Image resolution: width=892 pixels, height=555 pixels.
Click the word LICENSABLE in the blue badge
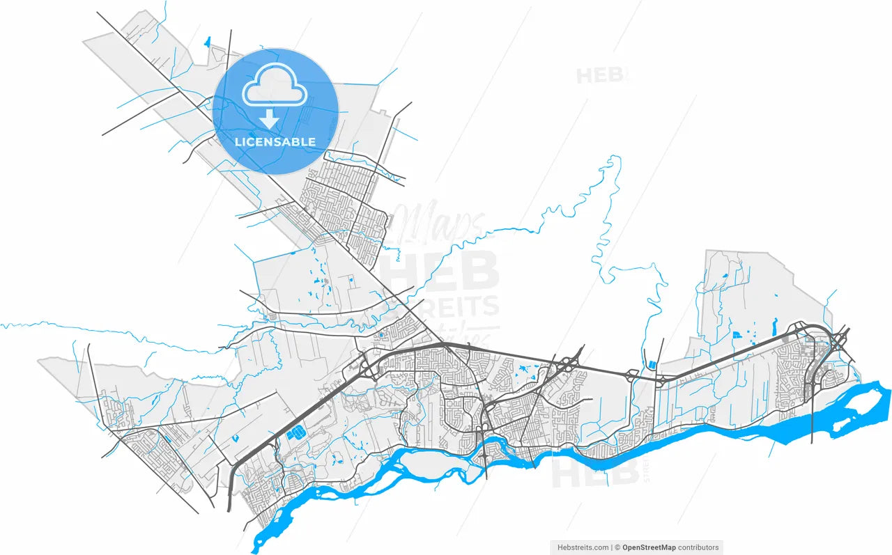pyautogui.click(x=275, y=142)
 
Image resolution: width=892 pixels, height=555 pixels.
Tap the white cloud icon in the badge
pyautogui.click(x=275, y=85)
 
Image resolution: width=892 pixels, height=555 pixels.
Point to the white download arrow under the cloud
pyautogui.click(x=270, y=120)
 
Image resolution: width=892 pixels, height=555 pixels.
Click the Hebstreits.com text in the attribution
pyautogui.click(x=583, y=547)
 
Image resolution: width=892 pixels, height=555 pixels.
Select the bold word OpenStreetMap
pyautogui.click(x=648, y=547)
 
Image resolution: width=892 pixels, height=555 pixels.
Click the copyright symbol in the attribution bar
pyautogui.click(x=617, y=547)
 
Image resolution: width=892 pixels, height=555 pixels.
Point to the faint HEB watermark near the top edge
pyautogui.click(x=601, y=75)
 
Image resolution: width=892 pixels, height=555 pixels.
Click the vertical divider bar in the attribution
pyautogui.click(x=612, y=547)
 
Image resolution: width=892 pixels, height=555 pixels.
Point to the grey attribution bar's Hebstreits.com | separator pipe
pyautogui.click(x=612, y=547)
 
